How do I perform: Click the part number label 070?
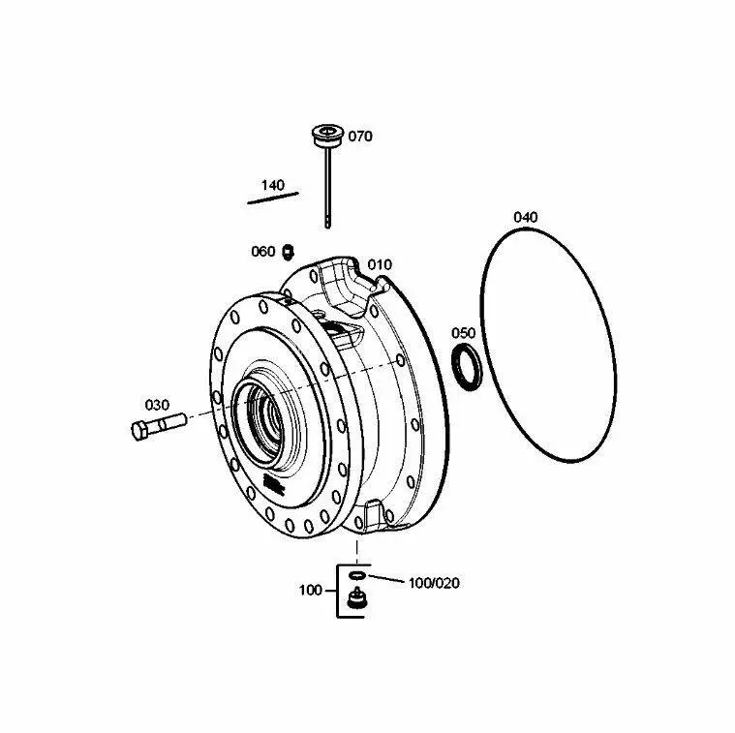(360, 137)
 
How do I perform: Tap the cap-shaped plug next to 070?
(328, 135)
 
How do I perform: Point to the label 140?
(272, 185)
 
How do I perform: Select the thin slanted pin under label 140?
(273, 198)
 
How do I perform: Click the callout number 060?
(263, 252)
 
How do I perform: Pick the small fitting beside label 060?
(288, 252)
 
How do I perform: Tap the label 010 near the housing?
(380, 264)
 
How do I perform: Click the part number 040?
(526, 217)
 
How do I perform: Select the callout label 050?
(463, 333)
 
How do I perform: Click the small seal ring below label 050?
(467, 366)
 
